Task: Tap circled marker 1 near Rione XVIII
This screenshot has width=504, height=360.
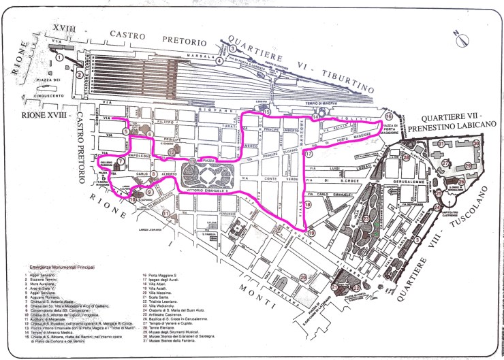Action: [61, 59]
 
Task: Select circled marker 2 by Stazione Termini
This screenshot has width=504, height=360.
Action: [80, 73]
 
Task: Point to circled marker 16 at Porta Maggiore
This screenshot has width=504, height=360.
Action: [389, 116]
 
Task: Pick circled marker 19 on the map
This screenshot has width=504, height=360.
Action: [311, 233]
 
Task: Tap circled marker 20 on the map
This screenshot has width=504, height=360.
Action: [300, 276]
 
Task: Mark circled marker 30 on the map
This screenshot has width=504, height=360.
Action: [477, 144]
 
